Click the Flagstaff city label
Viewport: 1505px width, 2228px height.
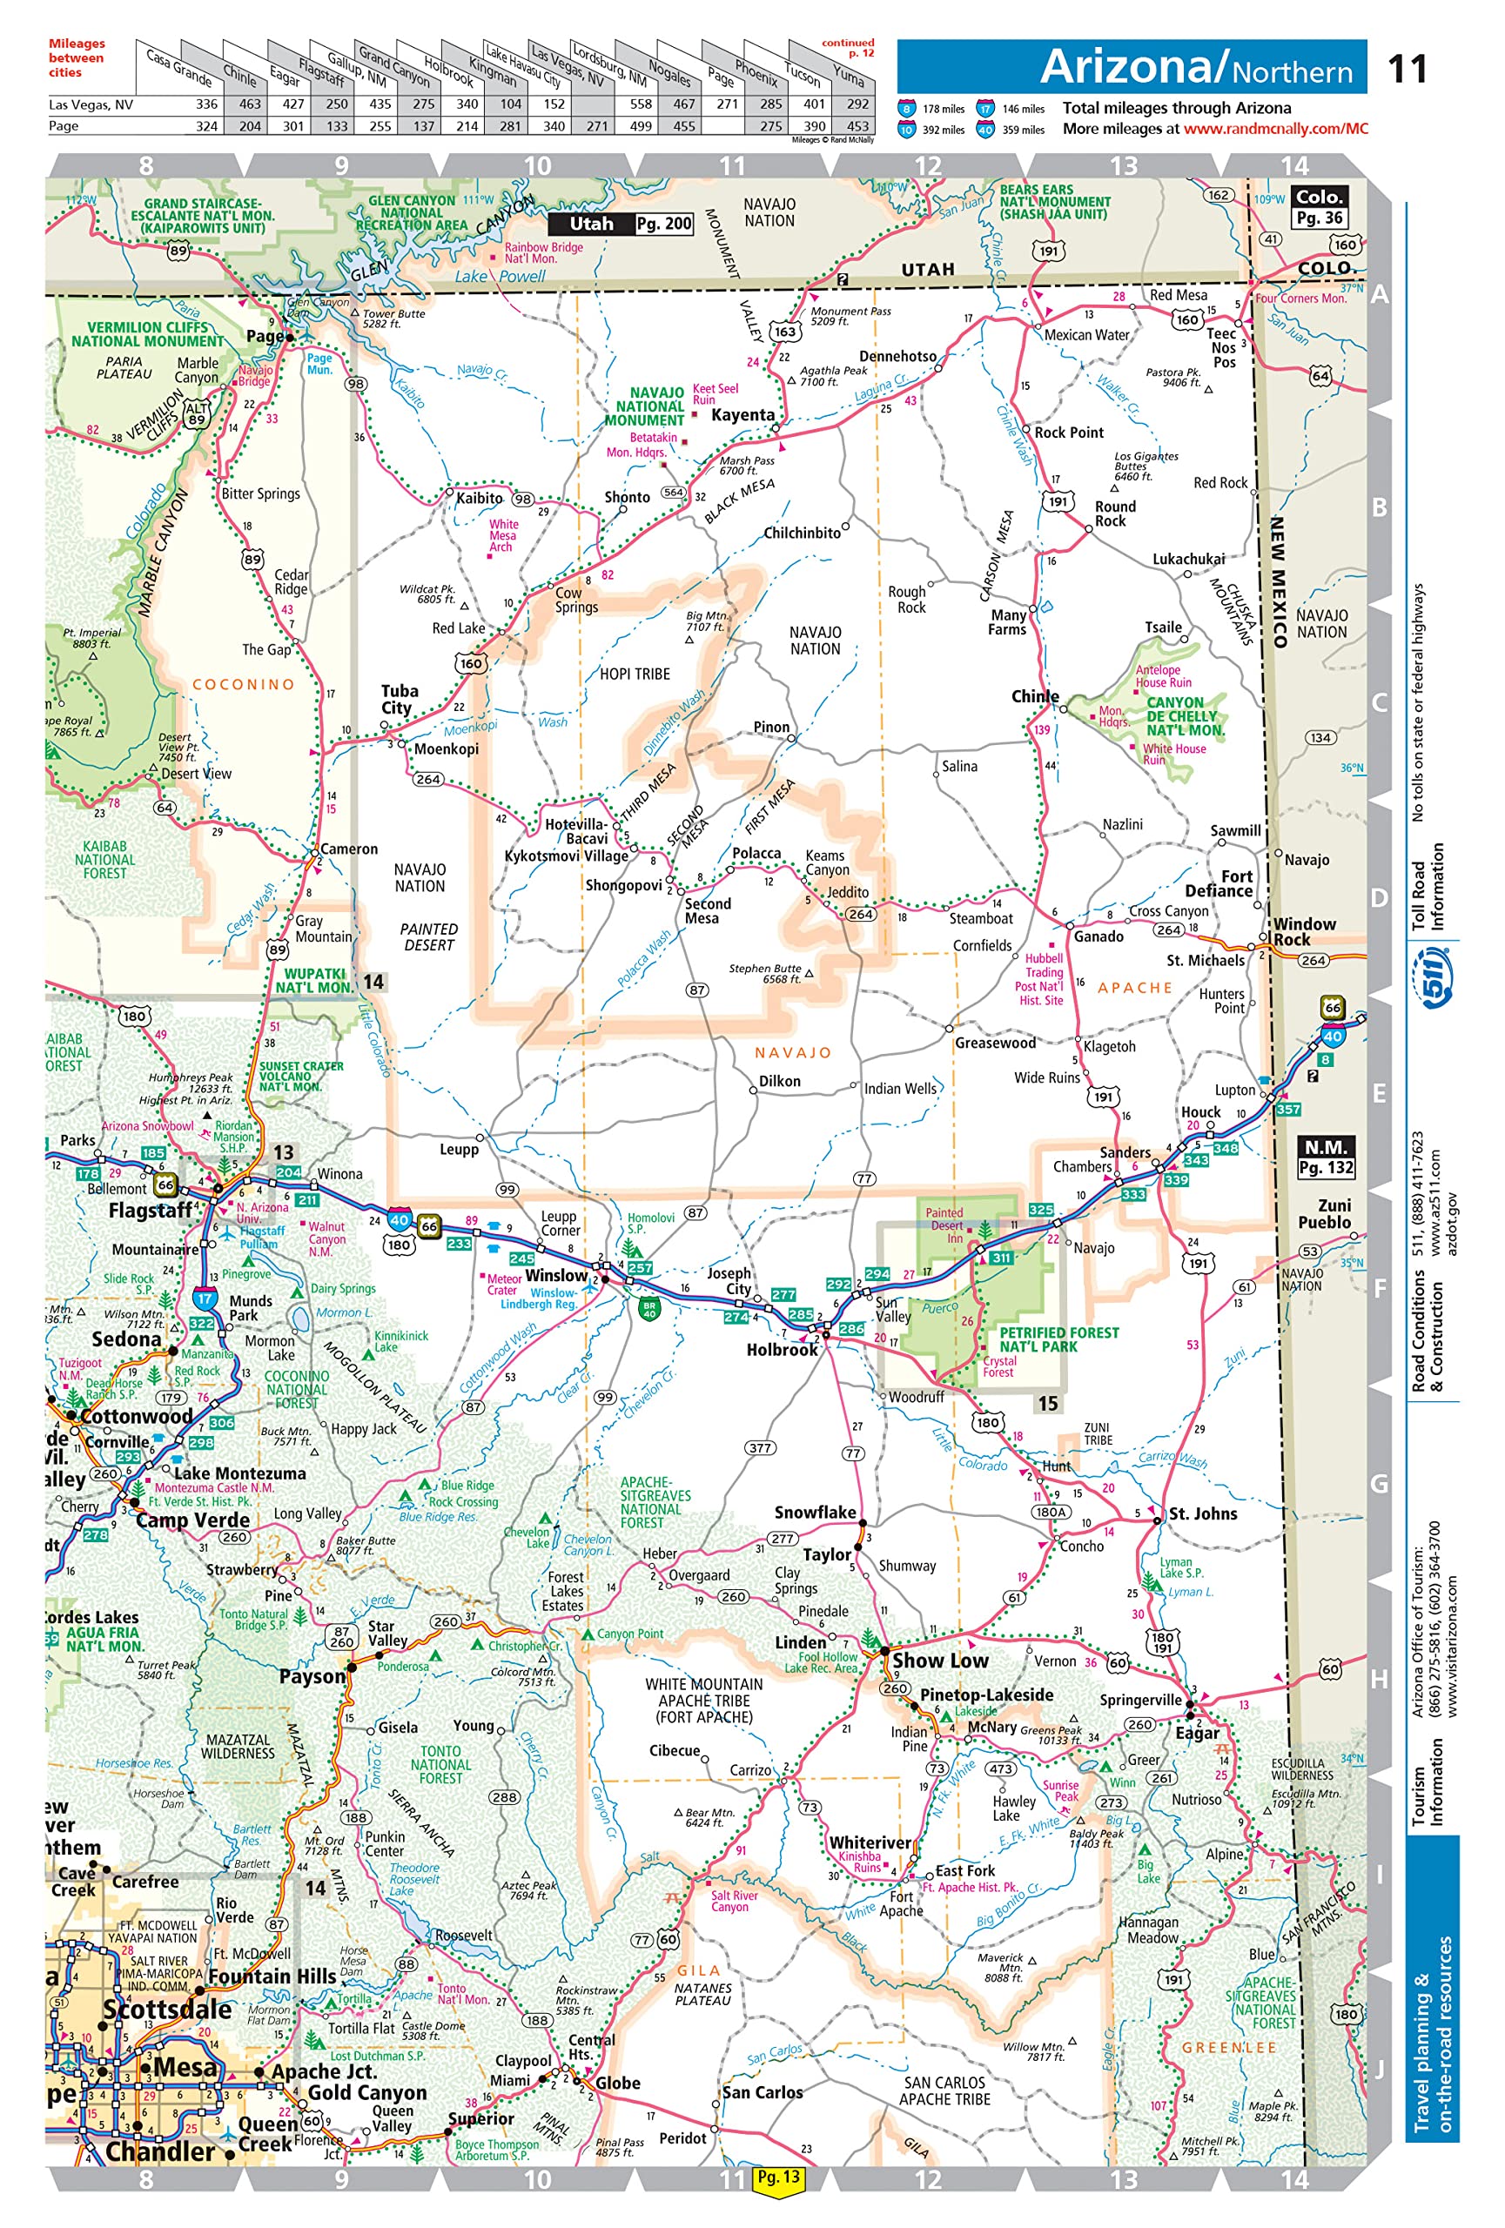tap(150, 1211)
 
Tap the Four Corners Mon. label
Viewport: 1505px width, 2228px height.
tap(1300, 299)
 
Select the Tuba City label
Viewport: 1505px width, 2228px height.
tap(399, 699)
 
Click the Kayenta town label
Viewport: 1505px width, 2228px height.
tap(742, 415)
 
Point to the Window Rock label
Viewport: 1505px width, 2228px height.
tap(1303, 931)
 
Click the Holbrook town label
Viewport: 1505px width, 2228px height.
tap(782, 1349)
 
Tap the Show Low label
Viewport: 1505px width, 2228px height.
tap(939, 1661)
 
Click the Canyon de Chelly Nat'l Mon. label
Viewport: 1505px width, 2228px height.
tap(1185, 716)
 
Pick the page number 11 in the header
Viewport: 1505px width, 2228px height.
tap(1407, 69)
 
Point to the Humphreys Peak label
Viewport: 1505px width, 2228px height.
tap(191, 1077)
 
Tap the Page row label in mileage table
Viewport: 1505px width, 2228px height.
tap(64, 125)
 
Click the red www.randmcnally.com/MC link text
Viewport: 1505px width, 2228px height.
tap(1275, 129)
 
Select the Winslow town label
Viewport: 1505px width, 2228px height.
tap(555, 1275)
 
